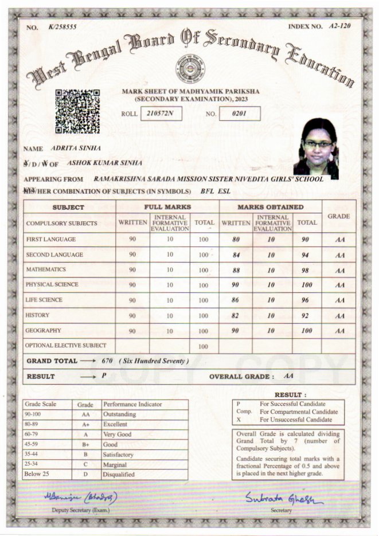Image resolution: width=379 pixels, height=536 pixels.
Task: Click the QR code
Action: [77, 111]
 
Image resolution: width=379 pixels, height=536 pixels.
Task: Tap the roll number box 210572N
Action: [160, 113]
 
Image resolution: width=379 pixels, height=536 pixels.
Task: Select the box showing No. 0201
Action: [239, 113]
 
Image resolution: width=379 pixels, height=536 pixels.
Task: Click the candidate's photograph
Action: [317, 147]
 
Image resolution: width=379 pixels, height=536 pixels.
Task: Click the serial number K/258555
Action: [62, 27]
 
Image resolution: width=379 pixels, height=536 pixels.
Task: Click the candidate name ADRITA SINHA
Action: [76, 148]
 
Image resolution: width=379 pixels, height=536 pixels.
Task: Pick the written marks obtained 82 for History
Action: [235, 316]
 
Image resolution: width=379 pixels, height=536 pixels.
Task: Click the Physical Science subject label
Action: [52, 284]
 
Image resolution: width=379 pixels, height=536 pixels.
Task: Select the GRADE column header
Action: [338, 216]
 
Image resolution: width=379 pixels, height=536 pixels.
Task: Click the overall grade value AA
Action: [289, 376]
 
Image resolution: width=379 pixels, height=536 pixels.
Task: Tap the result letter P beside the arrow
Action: [104, 376]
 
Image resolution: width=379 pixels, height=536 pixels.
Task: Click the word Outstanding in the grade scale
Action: [119, 414]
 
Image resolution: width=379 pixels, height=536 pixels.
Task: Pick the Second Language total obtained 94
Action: [307, 255]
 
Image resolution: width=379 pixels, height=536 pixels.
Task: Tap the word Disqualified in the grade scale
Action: [119, 475]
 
